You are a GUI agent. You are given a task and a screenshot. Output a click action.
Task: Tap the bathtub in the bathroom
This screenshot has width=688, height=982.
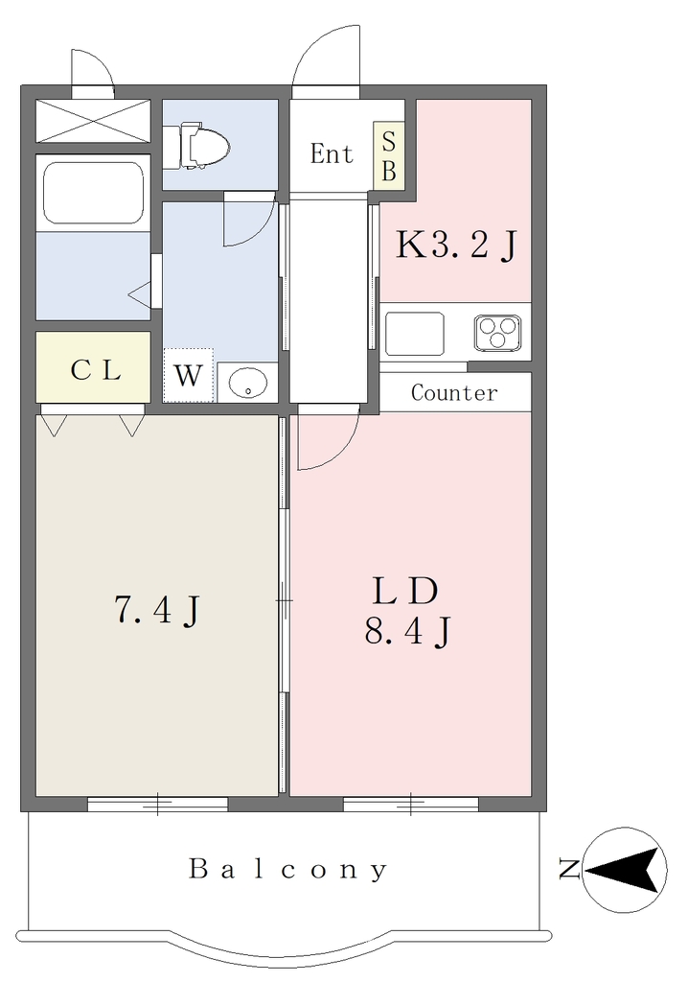coord(93,192)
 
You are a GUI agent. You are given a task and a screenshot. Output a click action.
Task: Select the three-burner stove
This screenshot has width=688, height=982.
coord(497,331)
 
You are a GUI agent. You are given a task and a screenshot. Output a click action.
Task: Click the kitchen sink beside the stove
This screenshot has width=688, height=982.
coord(414,333)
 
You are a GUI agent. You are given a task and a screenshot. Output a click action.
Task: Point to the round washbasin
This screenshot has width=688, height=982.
coord(248,382)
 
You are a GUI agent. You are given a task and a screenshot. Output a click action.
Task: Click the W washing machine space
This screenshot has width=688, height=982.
coord(188,375)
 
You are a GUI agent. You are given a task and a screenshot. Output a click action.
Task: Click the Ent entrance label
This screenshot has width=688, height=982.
coord(332,153)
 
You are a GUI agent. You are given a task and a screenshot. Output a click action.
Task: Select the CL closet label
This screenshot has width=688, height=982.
coord(95,371)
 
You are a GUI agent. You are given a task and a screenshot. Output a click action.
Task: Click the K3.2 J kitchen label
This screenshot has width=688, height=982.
coord(456,245)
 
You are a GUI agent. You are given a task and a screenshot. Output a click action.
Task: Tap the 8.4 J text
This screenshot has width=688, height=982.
coord(407,631)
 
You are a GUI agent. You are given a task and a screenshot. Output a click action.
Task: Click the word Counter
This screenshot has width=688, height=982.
coord(454,392)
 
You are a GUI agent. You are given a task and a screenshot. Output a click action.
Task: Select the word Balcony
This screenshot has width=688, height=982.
coord(288,870)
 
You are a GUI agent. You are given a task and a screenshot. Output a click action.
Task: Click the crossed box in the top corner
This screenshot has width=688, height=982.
coord(93,122)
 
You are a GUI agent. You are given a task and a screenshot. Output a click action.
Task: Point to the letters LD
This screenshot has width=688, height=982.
coord(404,591)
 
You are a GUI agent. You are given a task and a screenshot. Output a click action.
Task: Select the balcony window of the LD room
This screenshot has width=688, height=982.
coord(411,805)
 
